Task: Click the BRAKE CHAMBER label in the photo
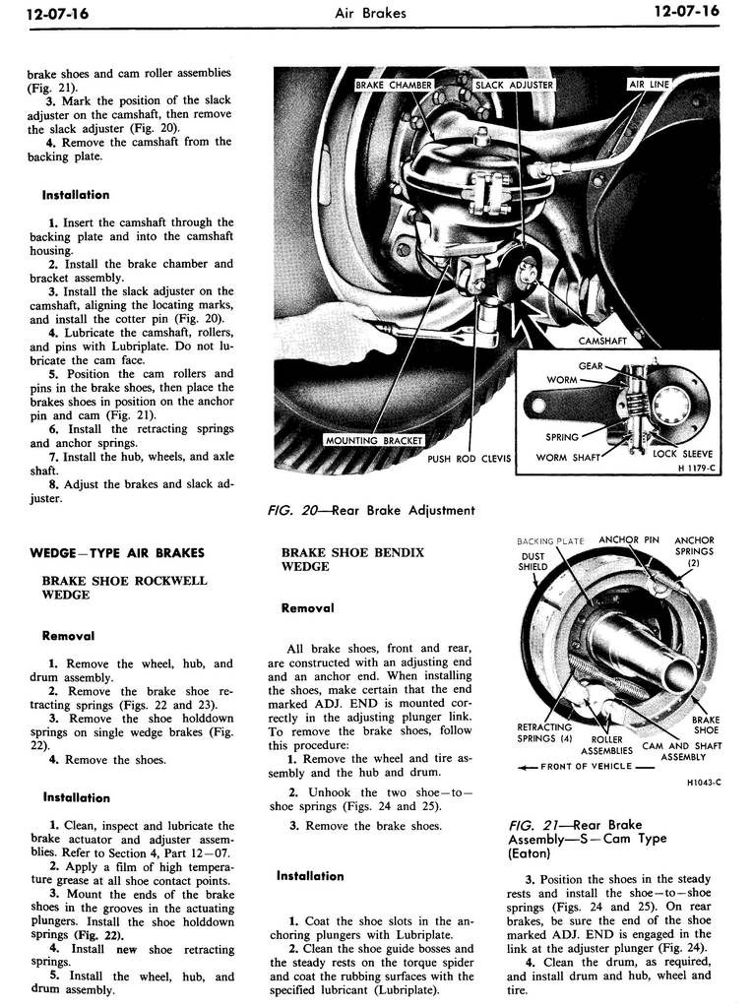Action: pyautogui.click(x=394, y=85)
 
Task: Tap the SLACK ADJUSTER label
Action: pyautogui.click(x=514, y=85)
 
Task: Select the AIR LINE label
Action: pyautogui.click(x=649, y=85)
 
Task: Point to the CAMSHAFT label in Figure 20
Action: pyautogui.click(x=601, y=341)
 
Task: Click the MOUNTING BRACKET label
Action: pyautogui.click(x=374, y=440)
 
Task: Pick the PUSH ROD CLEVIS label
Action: pyautogui.click(x=469, y=459)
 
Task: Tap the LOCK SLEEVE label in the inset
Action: pyautogui.click(x=682, y=453)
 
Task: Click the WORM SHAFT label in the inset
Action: pyautogui.click(x=568, y=458)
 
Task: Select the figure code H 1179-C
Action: pyautogui.click(x=697, y=468)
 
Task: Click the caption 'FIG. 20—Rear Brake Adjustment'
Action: pyautogui.click(x=371, y=511)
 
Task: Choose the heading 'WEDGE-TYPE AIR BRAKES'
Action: pyautogui.click(x=117, y=553)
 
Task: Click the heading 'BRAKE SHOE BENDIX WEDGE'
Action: pyautogui.click(x=352, y=559)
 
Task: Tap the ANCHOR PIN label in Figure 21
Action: pyautogui.click(x=629, y=540)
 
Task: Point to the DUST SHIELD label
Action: pyautogui.click(x=533, y=562)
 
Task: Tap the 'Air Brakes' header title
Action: pyautogui.click(x=370, y=12)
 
